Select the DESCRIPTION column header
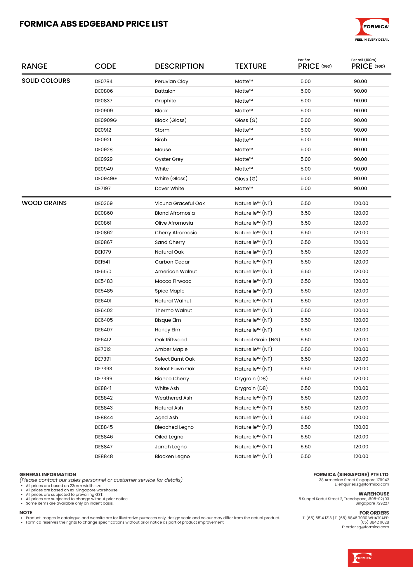point(179,66)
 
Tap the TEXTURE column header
point(251,66)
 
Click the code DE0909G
point(105,120)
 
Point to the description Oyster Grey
point(169,159)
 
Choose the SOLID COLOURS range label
point(46,81)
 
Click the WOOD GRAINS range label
point(44,203)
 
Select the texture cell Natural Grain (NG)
point(257,340)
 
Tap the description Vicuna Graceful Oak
point(180,203)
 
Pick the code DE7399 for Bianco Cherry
point(103,378)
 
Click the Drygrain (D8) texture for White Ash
point(251,388)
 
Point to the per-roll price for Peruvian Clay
point(360,81)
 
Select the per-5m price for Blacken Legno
point(306,456)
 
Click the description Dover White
point(169,188)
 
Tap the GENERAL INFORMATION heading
point(48,474)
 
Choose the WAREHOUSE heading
point(374,494)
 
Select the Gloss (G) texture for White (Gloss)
point(246,179)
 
